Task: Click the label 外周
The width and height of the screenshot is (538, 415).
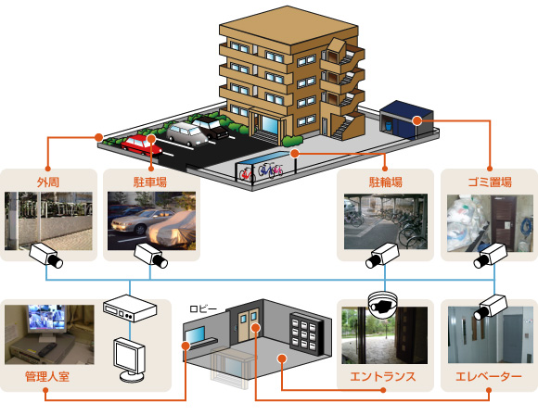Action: (48, 182)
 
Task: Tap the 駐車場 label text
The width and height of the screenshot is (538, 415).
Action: (150, 182)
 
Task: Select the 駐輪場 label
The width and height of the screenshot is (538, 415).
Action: (386, 182)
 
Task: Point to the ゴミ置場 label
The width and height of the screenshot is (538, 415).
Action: (490, 182)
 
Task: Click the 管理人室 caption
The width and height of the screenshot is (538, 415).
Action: (47, 376)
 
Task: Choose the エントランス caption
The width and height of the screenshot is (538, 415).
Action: (383, 377)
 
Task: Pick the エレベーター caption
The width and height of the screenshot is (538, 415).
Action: (489, 377)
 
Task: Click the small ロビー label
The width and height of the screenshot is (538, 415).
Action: (203, 308)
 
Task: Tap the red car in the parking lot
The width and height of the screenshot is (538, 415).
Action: (141, 145)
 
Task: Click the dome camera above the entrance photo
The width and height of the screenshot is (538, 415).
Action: (382, 303)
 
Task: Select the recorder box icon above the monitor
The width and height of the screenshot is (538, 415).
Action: (130, 308)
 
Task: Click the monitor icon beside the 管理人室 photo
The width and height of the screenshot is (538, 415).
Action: (130, 359)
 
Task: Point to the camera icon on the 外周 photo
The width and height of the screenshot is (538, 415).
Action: (45, 255)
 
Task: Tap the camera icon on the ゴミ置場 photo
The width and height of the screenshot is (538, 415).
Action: (490, 256)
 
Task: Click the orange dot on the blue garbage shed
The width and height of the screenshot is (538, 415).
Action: (417, 120)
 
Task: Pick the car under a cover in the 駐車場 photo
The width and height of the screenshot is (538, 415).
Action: (171, 229)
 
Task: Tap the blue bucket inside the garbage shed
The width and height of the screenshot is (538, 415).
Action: (389, 126)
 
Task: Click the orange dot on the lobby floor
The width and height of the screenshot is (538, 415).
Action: (282, 358)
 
